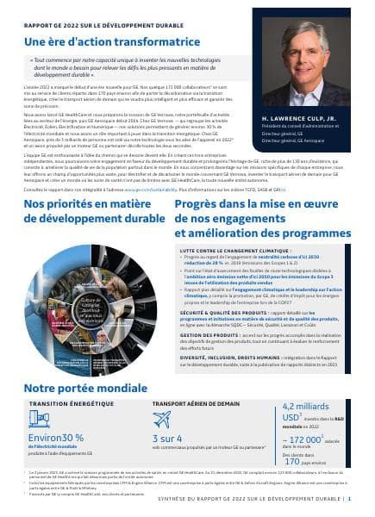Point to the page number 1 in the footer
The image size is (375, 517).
click(x=359, y=499)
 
